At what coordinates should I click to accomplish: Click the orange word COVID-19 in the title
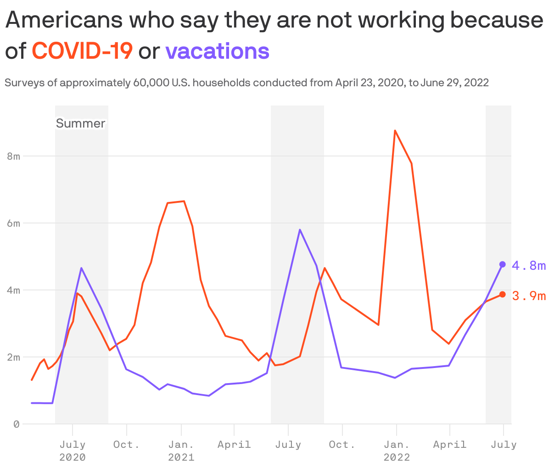(83, 51)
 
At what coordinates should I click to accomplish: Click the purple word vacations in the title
(217, 51)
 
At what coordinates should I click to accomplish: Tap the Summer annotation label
(81, 123)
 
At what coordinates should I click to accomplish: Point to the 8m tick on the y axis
(14, 156)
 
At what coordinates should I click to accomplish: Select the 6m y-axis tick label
(14, 223)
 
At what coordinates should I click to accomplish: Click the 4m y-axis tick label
(14, 290)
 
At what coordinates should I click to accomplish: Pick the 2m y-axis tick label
(14, 357)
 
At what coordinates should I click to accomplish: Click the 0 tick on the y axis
(17, 424)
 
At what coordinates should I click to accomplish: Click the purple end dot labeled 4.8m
(503, 264)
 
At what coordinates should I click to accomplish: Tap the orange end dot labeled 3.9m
(503, 294)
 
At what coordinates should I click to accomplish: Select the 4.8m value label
(529, 266)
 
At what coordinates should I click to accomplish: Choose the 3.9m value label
(529, 296)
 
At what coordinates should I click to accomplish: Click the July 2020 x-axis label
(73, 451)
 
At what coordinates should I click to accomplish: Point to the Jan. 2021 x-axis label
(181, 451)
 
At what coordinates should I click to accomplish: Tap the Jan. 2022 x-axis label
(397, 451)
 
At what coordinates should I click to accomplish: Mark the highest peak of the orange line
(395, 131)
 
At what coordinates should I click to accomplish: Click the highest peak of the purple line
(300, 229)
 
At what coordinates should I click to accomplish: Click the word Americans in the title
(65, 20)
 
